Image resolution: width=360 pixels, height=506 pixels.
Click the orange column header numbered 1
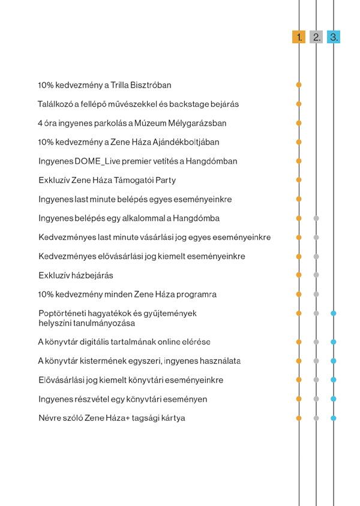tap(299, 37)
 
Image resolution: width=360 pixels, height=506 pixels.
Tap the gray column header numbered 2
tap(316, 37)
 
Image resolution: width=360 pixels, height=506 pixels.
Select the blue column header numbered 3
tap(334, 37)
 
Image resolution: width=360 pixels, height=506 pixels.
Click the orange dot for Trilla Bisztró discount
tap(299, 85)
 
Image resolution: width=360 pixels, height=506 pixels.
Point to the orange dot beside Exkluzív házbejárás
tap(299, 275)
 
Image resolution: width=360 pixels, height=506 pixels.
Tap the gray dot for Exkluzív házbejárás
tap(316, 275)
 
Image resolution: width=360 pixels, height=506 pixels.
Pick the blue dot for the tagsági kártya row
tap(334, 418)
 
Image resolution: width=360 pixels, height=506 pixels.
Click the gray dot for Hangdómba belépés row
tap(316, 218)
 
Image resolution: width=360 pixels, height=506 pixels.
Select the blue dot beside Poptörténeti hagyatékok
tap(334, 313)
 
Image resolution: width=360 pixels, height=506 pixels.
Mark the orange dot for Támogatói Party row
tap(299, 180)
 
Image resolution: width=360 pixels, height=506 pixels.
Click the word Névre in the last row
tap(49, 418)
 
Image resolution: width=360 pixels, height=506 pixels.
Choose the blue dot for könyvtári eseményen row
tap(334, 399)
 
